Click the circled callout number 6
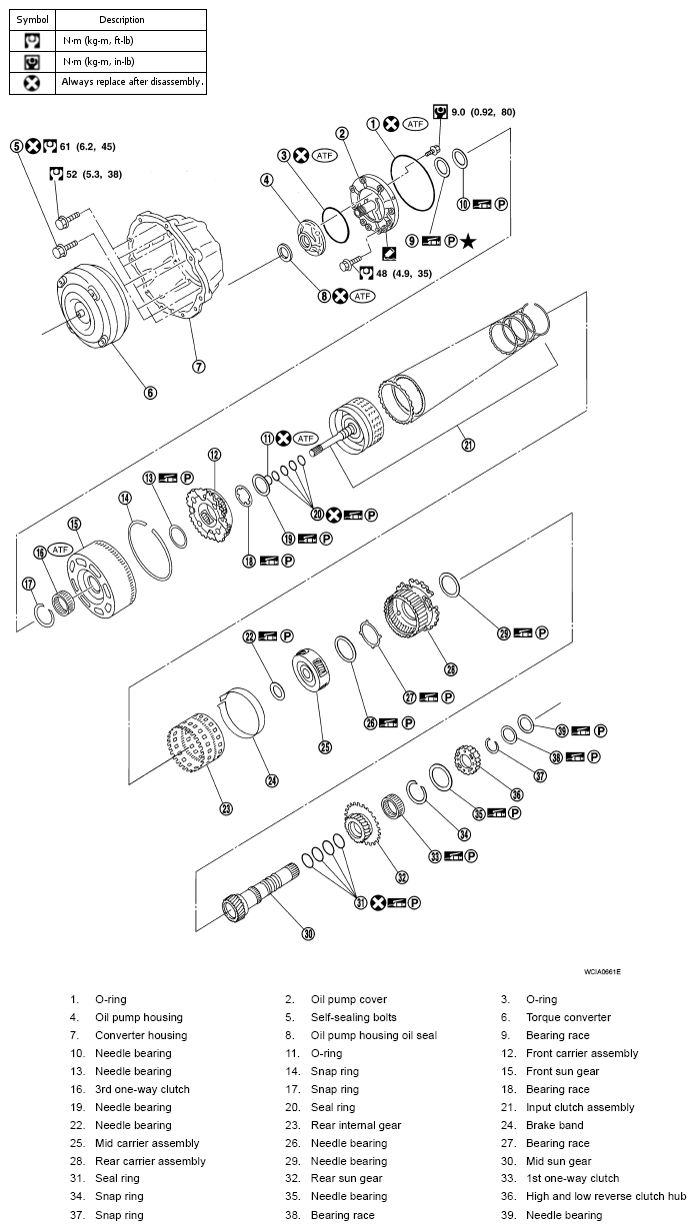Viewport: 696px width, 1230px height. (x=150, y=392)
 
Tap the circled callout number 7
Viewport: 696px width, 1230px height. (x=199, y=366)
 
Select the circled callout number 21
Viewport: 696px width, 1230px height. (x=468, y=445)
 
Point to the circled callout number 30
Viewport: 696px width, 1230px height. (x=308, y=934)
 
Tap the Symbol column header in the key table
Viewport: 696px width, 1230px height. (x=32, y=19)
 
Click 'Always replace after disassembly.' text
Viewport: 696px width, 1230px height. (x=132, y=82)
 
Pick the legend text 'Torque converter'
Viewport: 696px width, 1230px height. (x=568, y=1017)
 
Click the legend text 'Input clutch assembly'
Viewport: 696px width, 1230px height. (x=580, y=1107)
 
